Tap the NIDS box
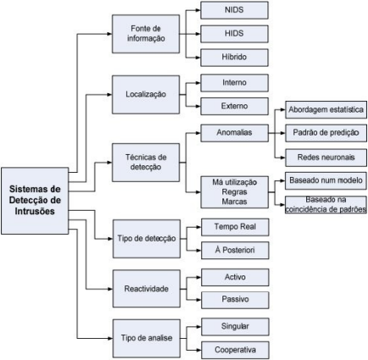[x=234, y=12]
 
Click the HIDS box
[x=234, y=35]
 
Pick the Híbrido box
[x=234, y=58]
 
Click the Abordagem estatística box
[x=326, y=110]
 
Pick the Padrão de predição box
[x=326, y=133]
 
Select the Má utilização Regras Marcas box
[x=234, y=191]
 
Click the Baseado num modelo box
[x=326, y=180]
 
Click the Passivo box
[x=234, y=300]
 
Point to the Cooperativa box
[x=234, y=348]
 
